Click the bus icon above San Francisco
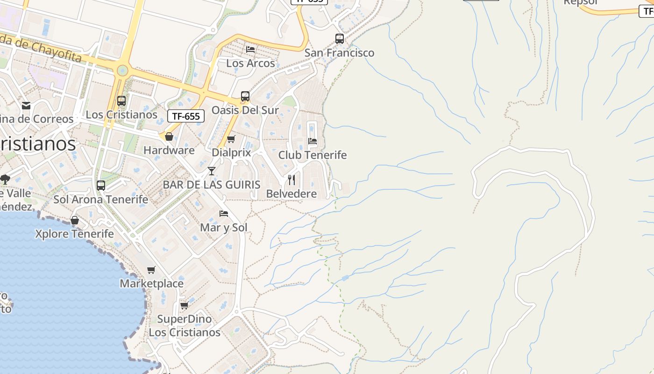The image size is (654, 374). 340,39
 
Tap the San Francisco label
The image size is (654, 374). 340,53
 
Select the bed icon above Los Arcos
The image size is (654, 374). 250,49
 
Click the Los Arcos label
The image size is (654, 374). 250,63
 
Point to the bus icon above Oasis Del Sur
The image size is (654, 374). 245,96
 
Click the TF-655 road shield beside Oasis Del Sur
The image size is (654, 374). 186,116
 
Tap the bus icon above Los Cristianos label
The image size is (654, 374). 121,101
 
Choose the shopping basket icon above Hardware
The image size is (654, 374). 169,137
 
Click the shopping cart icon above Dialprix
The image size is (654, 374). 231,139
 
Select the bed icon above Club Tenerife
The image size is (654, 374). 313,141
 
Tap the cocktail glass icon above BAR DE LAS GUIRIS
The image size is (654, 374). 212,171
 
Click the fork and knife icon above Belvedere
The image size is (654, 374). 291,180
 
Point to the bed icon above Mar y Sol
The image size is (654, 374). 224,214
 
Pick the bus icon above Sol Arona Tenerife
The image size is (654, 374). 101,186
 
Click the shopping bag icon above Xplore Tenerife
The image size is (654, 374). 75,220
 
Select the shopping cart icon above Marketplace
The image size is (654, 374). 151,270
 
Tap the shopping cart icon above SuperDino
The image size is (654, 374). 185,305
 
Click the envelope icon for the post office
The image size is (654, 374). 26,106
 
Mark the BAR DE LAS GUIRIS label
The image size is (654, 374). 212,185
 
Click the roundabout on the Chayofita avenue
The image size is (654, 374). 122,71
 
